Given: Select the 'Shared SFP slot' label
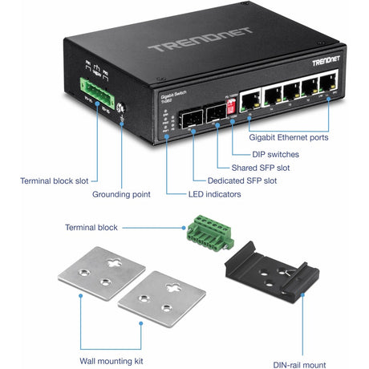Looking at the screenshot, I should click(x=260, y=168).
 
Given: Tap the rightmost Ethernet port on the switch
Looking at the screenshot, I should click(x=328, y=83).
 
